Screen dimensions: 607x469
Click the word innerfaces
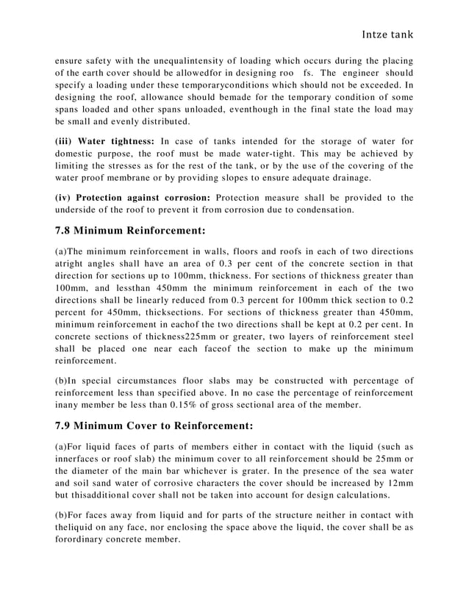coord(79,459)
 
